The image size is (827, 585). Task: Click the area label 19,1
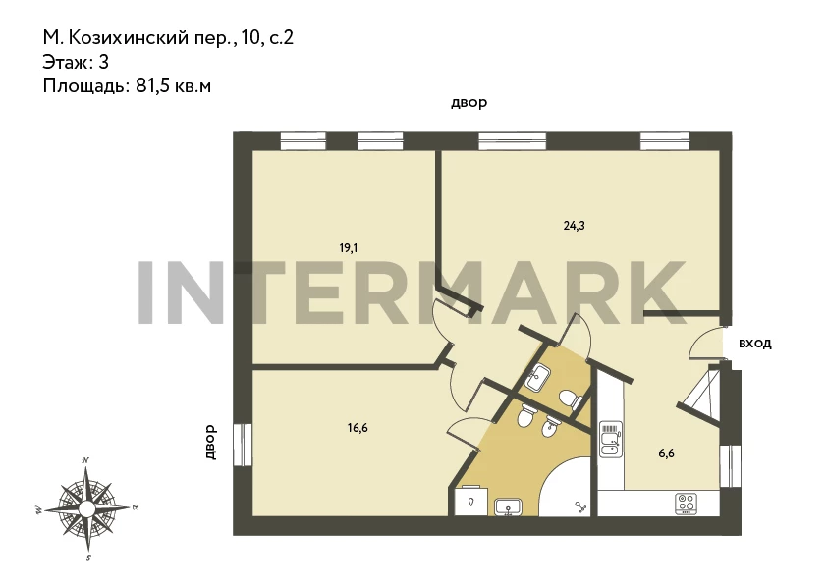(348, 247)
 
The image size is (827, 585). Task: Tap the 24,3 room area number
(574, 226)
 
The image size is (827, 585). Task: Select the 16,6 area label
(358, 428)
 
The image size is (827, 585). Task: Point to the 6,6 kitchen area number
(666, 453)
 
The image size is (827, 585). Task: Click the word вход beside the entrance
(754, 344)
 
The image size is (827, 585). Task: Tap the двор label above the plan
(469, 103)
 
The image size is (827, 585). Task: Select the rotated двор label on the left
(210, 442)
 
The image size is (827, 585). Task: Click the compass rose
(87, 508)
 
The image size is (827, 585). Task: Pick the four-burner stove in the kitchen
(687, 503)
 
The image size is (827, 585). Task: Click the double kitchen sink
(611, 439)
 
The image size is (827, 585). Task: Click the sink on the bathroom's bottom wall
(508, 507)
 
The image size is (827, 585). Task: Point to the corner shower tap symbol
(580, 507)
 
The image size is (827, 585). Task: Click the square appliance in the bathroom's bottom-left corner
(471, 500)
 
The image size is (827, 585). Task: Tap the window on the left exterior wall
(243, 445)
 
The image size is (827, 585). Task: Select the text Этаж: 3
(76, 62)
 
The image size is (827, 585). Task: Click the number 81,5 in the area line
(152, 86)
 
